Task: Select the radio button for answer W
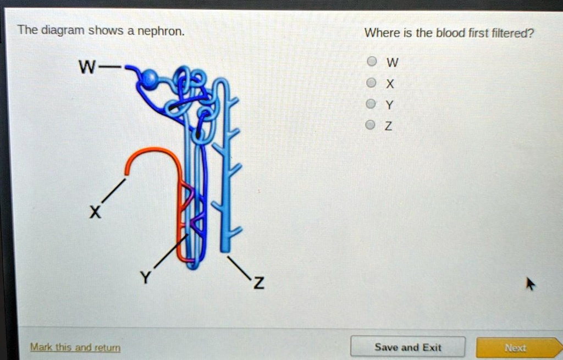(372, 62)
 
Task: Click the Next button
(515, 347)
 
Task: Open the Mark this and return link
(76, 347)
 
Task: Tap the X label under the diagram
(96, 212)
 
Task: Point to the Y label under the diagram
(145, 278)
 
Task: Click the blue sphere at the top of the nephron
(150, 79)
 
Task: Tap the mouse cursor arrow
(530, 284)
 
